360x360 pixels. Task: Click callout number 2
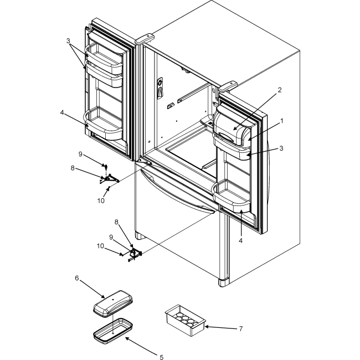click(x=279, y=90)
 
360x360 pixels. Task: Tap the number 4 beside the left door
click(x=62, y=112)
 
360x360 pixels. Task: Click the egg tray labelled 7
click(x=186, y=320)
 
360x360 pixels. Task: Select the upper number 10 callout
click(x=101, y=200)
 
